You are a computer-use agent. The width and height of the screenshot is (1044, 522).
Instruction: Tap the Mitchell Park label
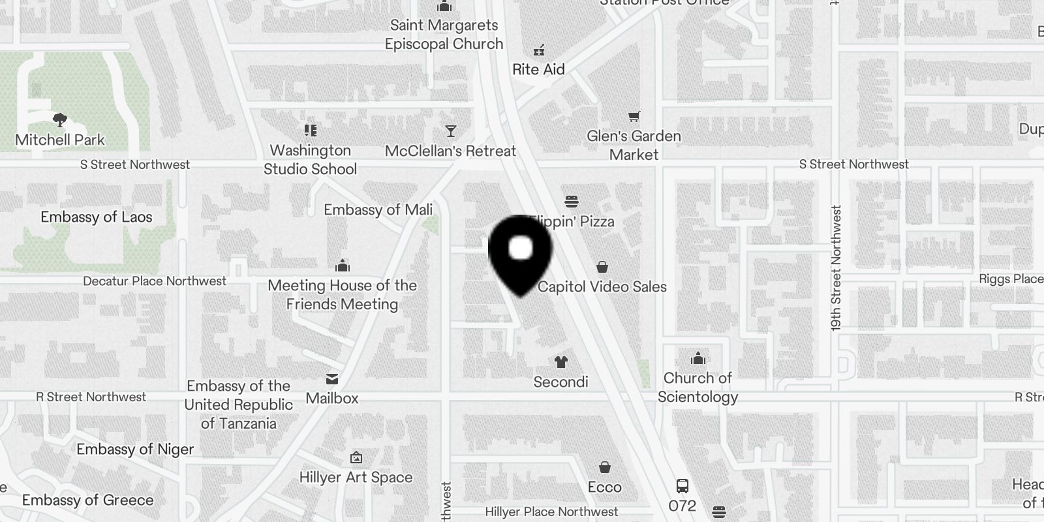[60, 140]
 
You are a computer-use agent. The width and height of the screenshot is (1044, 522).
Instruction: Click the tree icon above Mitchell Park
[60, 120]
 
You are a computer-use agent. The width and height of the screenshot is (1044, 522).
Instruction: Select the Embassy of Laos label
[97, 217]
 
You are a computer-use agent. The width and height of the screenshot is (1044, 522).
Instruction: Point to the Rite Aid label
[538, 69]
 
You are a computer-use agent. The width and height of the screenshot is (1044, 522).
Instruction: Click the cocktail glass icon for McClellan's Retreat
[451, 131]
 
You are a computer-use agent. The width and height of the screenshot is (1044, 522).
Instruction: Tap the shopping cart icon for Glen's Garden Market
[634, 117]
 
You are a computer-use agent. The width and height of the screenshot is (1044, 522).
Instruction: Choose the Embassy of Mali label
[378, 209]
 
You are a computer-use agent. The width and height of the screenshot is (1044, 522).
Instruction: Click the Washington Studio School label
[310, 160]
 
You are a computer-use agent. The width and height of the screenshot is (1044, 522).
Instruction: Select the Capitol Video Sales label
[602, 286]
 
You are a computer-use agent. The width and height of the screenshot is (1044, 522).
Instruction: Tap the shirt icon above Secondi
[560, 362]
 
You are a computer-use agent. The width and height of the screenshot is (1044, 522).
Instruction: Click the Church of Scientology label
[698, 388]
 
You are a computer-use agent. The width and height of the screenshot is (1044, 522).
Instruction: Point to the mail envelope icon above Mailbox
[332, 379]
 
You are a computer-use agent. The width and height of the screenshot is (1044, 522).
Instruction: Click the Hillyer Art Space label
[356, 477]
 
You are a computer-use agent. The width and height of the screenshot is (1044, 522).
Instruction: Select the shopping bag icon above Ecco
[605, 467]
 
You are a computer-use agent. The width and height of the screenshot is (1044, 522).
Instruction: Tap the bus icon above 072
[682, 486]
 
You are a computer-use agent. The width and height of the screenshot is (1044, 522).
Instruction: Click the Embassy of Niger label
[135, 449]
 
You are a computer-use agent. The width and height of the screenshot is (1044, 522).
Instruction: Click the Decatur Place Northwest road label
[155, 281]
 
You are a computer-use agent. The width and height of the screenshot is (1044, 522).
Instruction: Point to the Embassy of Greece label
[88, 500]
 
